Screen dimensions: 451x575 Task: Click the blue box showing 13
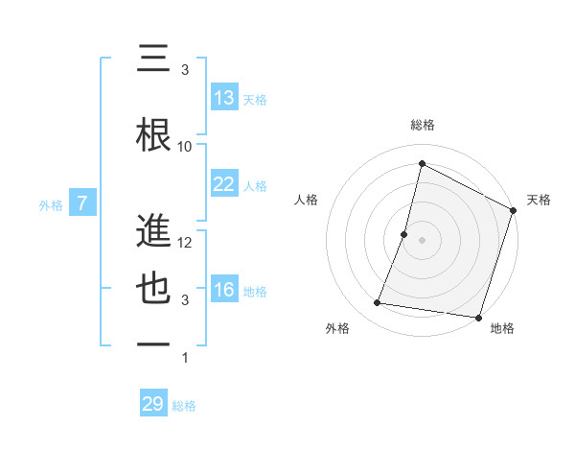tap(223, 98)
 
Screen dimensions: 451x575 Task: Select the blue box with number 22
tap(223, 184)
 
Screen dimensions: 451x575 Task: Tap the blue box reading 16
tap(223, 290)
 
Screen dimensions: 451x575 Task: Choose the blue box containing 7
tap(82, 203)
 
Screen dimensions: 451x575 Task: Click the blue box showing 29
tap(153, 404)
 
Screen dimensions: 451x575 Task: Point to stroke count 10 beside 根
tap(185, 147)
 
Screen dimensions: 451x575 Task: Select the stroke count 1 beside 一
tap(185, 358)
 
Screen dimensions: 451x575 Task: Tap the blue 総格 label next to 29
tap(185, 406)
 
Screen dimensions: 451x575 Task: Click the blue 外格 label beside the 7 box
tap(51, 204)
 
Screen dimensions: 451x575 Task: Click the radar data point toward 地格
tap(477, 318)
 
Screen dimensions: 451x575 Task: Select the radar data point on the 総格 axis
tap(422, 164)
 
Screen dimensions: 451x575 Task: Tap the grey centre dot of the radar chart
tap(422, 240)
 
